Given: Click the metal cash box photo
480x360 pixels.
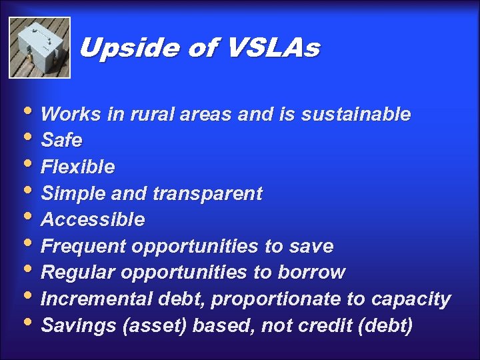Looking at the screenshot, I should coord(39,48).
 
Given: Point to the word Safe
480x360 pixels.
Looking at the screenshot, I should coord(61,141).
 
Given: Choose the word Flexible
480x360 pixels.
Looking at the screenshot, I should coord(77,167).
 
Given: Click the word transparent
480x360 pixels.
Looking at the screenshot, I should coord(207,194).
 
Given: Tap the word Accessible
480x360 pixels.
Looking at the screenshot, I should coord(93,220).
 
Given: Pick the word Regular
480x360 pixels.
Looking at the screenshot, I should coord(79,273).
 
